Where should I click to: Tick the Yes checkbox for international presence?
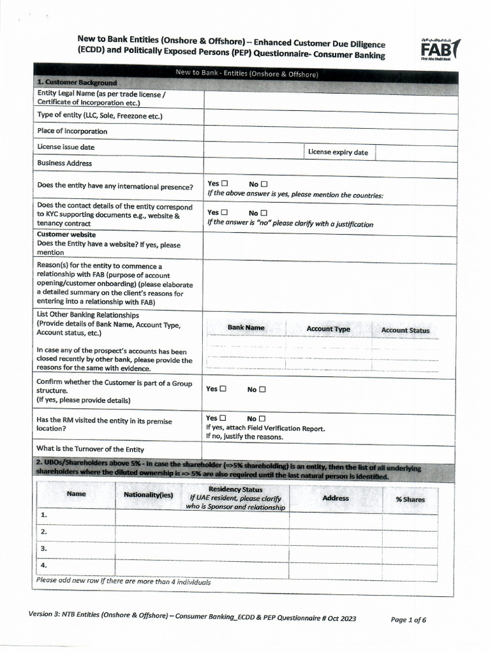point(225,184)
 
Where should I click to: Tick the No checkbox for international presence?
point(264,184)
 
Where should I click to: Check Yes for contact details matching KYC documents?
point(225,212)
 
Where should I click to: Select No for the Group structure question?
point(262,389)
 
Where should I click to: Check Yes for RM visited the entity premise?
point(223,418)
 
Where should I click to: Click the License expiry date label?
point(338,152)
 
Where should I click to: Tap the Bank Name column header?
point(246,328)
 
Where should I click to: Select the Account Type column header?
point(328,329)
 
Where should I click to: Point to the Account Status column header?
point(405,330)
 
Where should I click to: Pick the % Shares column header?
point(410,499)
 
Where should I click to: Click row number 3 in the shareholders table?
point(45,548)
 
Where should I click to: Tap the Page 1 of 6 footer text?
point(408,619)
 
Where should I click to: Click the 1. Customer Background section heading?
point(77,82)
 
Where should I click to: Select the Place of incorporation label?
point(72,131)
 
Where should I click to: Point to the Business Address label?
point(64,163)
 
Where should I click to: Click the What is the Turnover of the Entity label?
point(90,449)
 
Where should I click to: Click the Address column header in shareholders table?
point(336,497)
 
